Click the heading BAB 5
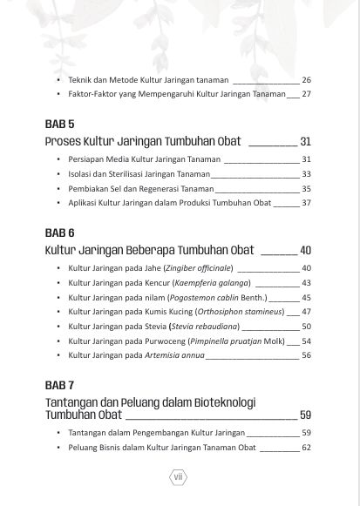point(59,124)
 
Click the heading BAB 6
point(59,233)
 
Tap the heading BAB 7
point(59,384)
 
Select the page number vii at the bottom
point(178,476)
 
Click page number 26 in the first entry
point(306,79)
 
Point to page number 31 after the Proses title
point(305,141)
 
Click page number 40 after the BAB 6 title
point(305,251)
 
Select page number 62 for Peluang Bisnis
point(306,448)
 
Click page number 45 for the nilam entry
point(306,298)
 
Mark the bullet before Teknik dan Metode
point(58,79)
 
